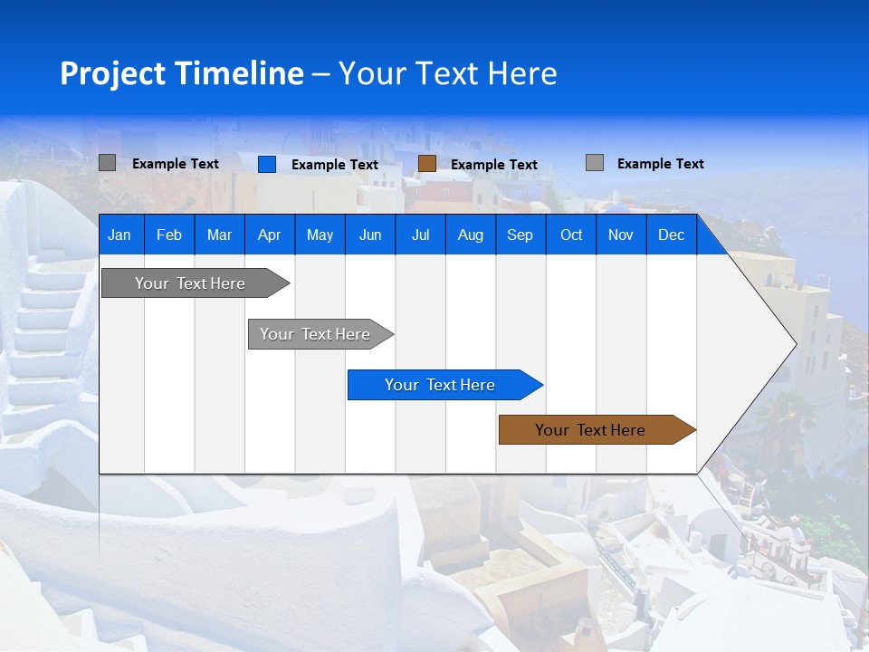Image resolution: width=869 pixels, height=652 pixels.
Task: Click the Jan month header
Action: point(119,235)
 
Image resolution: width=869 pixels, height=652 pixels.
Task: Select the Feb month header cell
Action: point(169,235)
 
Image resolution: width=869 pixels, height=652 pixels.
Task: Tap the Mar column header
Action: point(219,235)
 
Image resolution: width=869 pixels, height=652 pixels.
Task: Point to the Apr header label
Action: point(269,235)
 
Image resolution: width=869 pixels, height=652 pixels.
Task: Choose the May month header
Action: point(320,235)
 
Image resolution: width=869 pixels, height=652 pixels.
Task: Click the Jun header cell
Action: point(370,235)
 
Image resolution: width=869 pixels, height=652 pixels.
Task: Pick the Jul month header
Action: point(420,235)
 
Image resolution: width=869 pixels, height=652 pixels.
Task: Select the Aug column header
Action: point(470,235)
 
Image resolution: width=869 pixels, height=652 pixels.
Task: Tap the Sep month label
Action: point(520,235)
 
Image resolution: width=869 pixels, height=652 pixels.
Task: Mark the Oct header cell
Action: point(571,235)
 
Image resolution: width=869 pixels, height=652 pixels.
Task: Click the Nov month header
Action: point(621,235)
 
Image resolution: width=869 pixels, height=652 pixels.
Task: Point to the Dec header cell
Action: point(671,235)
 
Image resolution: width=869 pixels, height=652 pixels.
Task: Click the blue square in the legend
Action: point(267,164)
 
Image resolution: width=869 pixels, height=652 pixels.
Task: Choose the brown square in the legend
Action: point(427,163)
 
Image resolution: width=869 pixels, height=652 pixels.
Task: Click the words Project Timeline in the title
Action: point(182,73)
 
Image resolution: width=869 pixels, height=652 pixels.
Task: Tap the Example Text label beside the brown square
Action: point(494,165)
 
